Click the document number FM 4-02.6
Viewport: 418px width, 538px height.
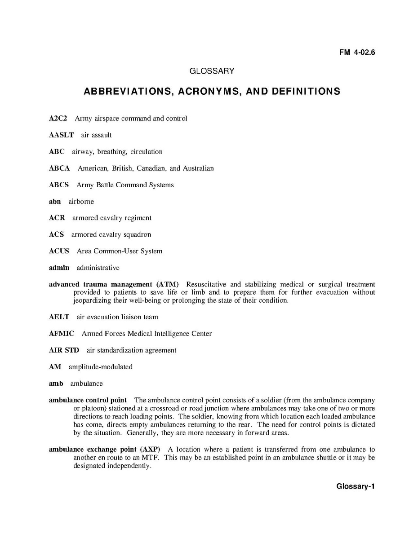(357, 52)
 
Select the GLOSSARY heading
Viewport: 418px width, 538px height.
(212, 71)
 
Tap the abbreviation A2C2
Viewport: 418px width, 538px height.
(58, 119)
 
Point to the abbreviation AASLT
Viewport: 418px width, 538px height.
(61, 135)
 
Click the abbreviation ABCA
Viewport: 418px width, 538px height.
(59, 168)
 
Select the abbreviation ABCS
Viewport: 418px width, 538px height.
(59, 185)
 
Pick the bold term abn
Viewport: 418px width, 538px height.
(55, 202)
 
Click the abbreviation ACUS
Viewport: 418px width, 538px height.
(59, 251)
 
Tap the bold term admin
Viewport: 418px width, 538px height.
(59, 268)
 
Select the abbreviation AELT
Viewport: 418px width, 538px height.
(59, 317)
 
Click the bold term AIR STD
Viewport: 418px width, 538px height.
(64, 350)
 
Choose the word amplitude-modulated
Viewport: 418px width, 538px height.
(101, 367)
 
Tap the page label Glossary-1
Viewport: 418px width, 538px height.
(355, 486)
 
